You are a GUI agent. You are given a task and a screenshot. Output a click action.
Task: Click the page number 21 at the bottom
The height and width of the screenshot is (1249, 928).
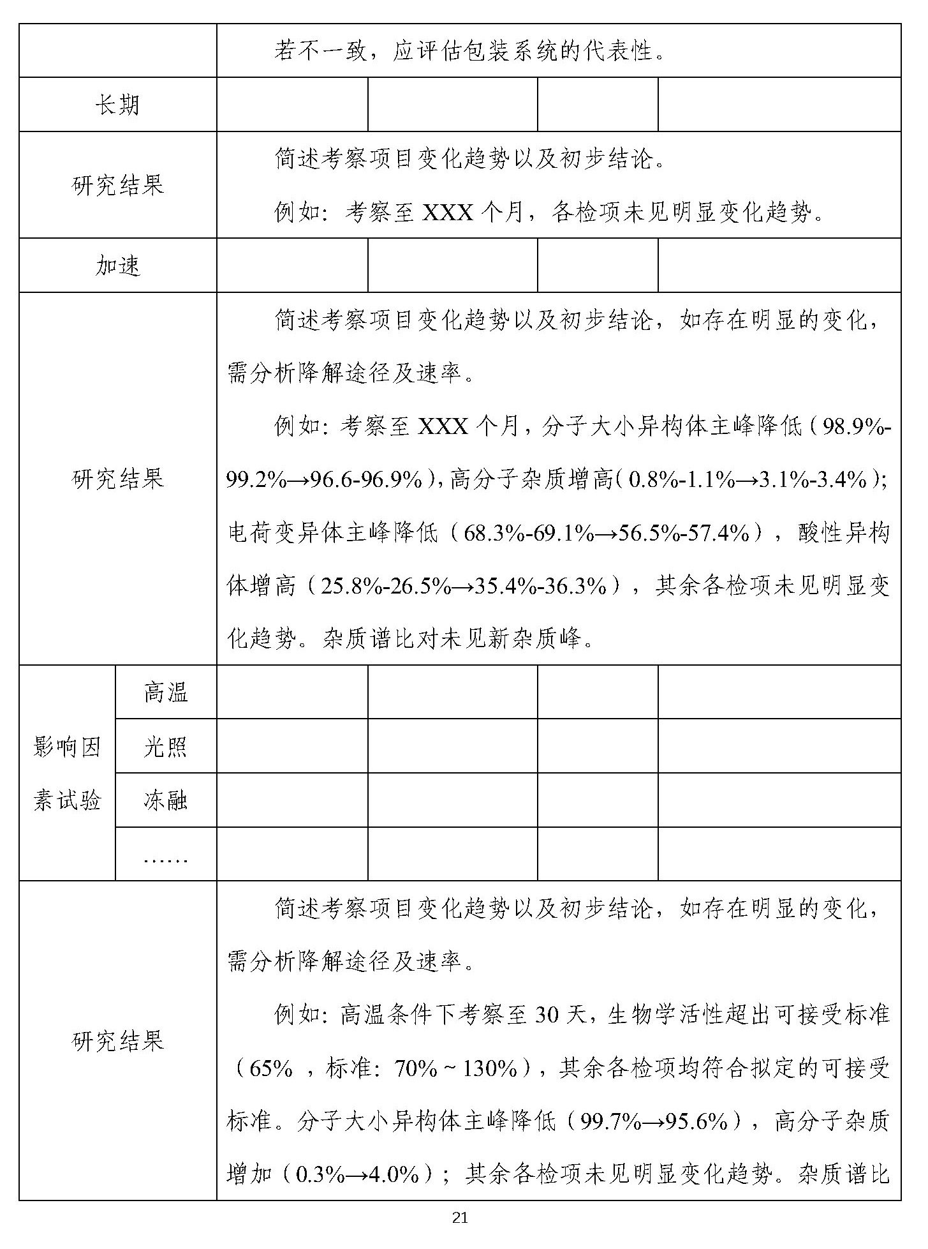(460, 1218)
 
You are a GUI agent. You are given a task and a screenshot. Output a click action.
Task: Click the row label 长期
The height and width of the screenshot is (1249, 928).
(117, 105)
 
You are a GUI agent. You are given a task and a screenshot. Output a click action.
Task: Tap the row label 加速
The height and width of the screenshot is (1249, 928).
(117, 266)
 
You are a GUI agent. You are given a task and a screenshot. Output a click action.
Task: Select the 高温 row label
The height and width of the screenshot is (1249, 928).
(165, 692)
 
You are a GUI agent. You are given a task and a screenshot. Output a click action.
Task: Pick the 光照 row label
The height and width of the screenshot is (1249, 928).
(165, 746)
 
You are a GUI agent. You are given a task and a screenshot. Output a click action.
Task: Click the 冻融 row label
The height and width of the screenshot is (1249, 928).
(165, 800)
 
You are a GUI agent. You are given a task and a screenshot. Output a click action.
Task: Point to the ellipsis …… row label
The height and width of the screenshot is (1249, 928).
(165, 858)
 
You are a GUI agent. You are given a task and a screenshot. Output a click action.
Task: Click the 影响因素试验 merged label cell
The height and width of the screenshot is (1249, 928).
(67, 773)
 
